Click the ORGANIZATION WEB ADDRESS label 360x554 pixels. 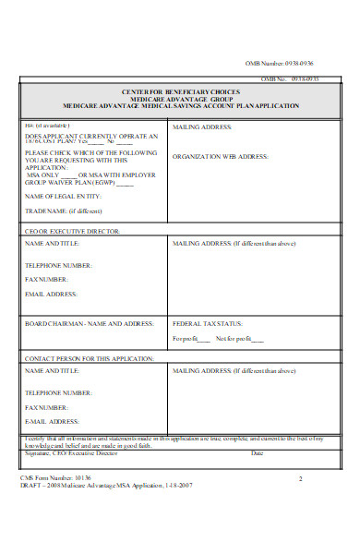(x=220, y=157)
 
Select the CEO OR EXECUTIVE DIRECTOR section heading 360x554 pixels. (x=72, y=231)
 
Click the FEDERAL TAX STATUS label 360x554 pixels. (x=208, y=324)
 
